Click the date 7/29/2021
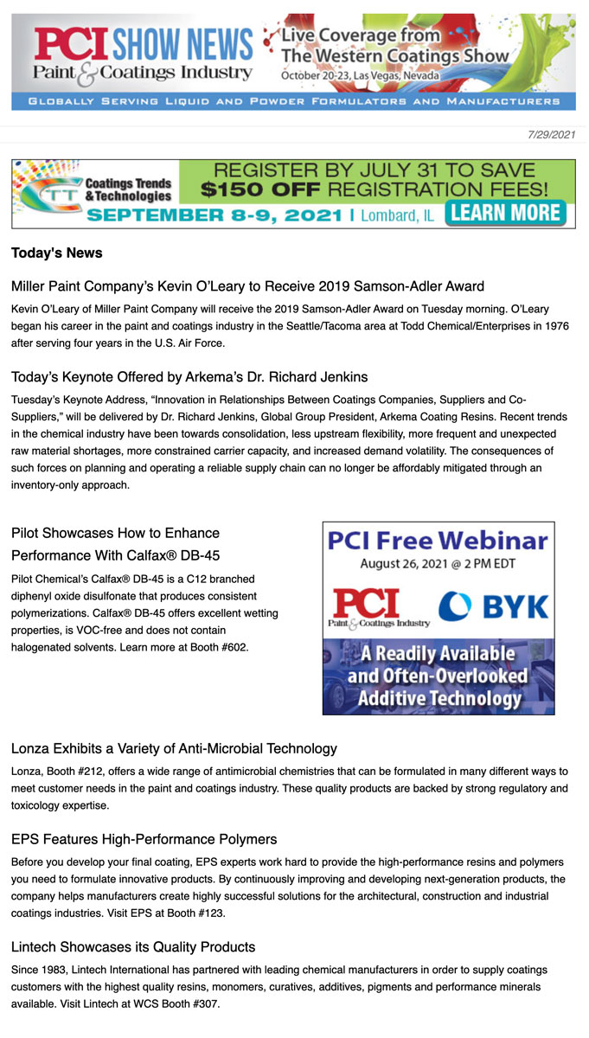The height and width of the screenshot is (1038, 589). pos(551,134)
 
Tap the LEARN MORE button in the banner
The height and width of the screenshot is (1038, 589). pos(506,213)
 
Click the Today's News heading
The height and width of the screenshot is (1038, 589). pos(57,253)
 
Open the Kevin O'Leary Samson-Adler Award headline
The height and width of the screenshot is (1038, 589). pos(247,286)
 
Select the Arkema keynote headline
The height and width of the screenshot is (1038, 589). pos(189,377)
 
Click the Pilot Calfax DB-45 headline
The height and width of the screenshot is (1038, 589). pos(116,544)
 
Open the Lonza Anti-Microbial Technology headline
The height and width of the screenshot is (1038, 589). pos(174,748)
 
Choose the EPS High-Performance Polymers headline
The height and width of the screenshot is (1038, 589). pos(144,839)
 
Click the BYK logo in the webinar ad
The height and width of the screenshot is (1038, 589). pos(494,606)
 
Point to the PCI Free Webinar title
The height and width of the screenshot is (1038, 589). pos(438,541)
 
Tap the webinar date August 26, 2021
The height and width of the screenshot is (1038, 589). pos(438,564)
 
